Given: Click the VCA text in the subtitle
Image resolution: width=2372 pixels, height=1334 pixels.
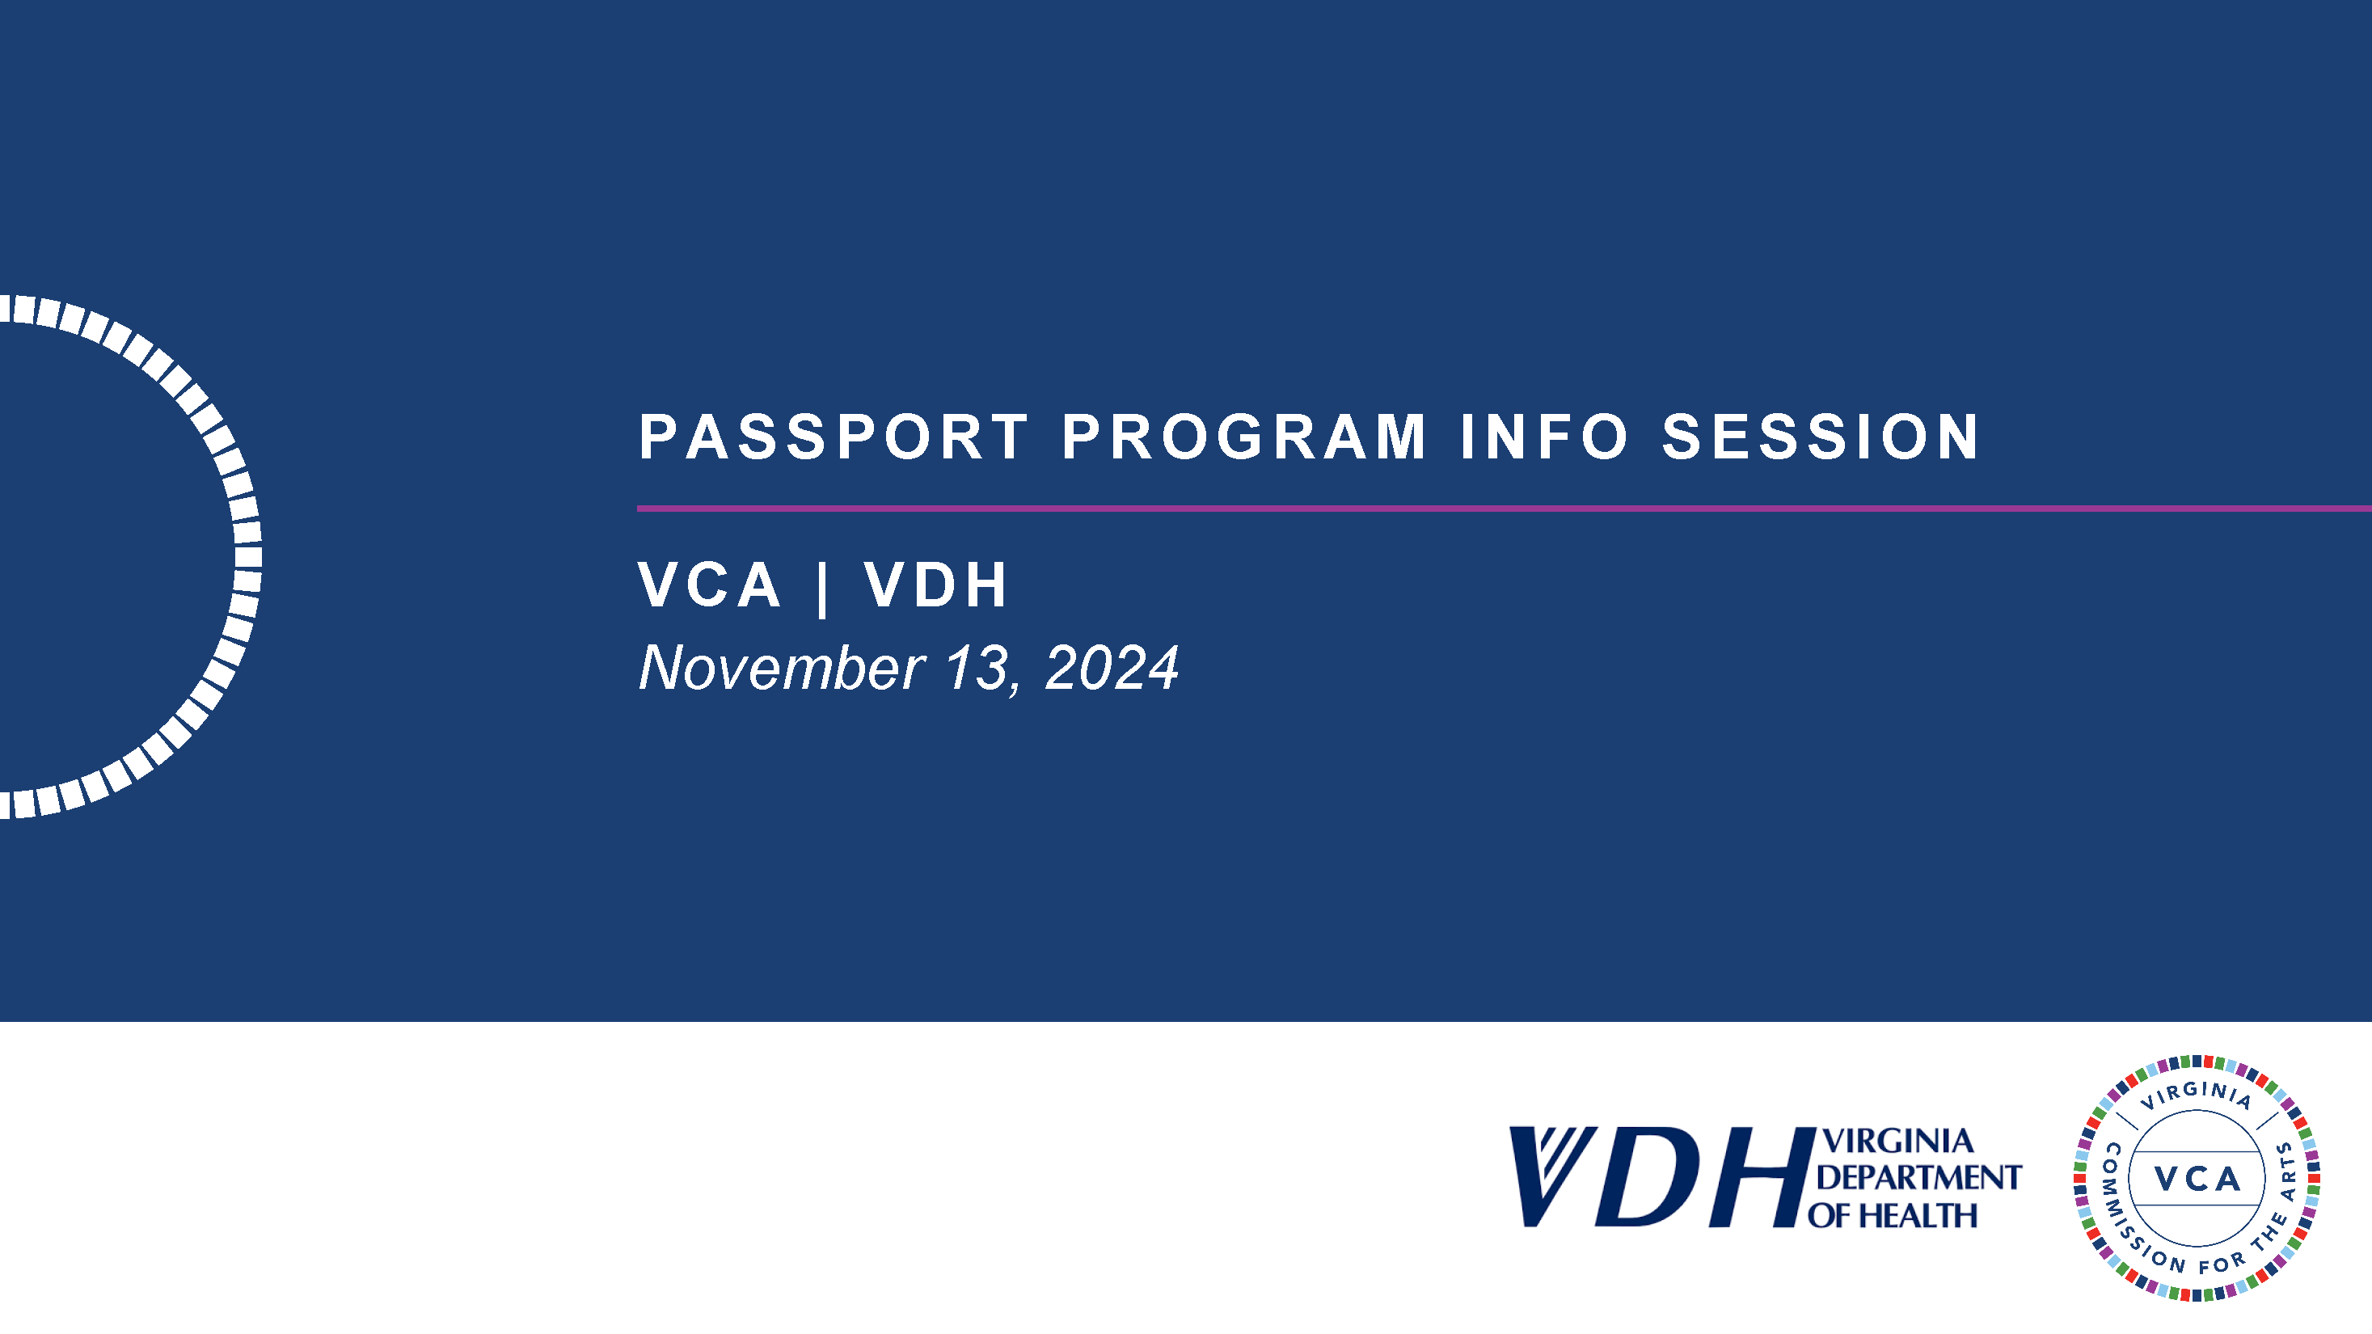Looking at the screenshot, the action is click(709, 585).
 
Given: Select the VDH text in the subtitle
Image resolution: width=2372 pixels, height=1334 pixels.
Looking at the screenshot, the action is click(935, 585).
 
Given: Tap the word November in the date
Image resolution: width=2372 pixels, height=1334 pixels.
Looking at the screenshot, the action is click(782, 668).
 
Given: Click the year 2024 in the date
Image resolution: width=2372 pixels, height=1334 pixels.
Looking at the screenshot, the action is click(1112, 669).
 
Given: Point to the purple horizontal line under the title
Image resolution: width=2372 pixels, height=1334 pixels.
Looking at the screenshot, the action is click(1505, 509).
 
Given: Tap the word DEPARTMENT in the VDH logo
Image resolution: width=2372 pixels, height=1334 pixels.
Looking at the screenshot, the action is click(1919, 1177).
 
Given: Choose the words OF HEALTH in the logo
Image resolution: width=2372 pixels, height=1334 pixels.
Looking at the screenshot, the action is click(1893, 1215).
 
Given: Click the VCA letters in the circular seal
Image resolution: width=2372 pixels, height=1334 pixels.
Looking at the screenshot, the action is click(2197, 1179).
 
